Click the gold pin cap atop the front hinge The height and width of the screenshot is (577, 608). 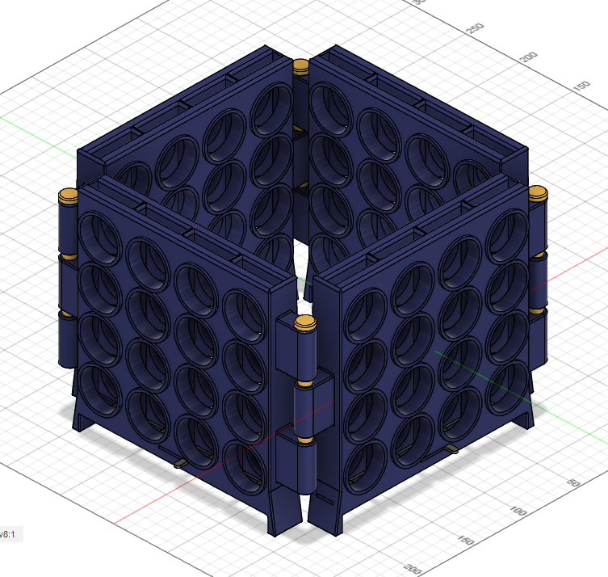tap(305, 324)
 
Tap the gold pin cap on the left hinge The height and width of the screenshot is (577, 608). tap(68, 196)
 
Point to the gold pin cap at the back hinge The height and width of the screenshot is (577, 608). tap(301, 65)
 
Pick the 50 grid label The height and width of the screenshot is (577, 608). tap(575, 482)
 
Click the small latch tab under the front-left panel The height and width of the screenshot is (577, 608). tap(182, 464)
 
